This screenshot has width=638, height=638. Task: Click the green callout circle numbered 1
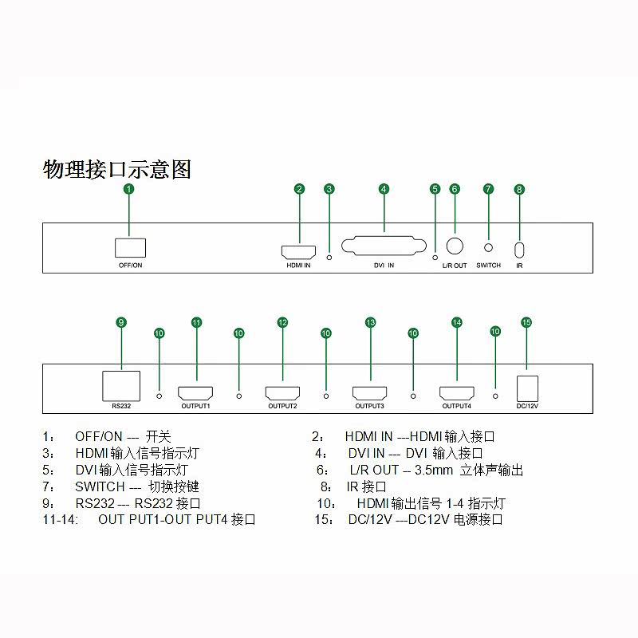pyautogui.click(x=129, y=189)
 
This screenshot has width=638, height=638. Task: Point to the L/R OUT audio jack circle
pyautogui.click(x=455, y=246)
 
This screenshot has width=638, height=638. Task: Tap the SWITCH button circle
pyautogui.click(x=488, y=249)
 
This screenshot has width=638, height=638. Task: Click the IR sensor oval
pyautogui.click(x=519, y=249)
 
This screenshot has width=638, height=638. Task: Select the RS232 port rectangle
pyautogui.click(x=121, y=386)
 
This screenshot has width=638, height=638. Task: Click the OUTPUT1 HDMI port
pyautogui.click(x=195, y=393)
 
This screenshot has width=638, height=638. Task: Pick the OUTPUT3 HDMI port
pyautogui.click(x=369, y=393)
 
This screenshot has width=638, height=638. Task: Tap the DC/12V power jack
pyautogui.click(x=527, y=388)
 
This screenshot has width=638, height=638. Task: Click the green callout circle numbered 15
pyautogui.click(x=526, y=322)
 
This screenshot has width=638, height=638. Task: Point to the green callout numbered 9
pyautogui.click(x=121, y=322)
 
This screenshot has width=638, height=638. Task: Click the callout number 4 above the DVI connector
pyautogui.click(x=384, y=189)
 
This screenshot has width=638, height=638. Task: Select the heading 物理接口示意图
pyautogui.click(x=116, y=169)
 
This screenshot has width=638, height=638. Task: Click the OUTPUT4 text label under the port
pyautogui.click(x=456, y=407)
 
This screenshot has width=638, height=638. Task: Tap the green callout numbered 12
pyautogui.click(x=282, y=322)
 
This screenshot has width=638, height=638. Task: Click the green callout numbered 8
pyautogui.click(x=519, y=190)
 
